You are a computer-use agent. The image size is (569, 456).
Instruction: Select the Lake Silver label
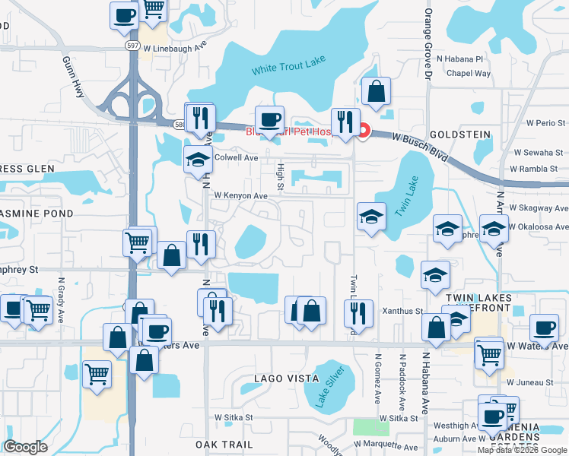point(331,387)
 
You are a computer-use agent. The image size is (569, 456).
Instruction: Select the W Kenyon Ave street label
point(240,195)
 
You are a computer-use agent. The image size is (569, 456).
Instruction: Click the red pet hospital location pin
point(363,131)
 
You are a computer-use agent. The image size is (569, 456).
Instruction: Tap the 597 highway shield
point(131,46)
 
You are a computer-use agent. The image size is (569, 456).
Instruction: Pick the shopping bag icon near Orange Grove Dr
point(376,92)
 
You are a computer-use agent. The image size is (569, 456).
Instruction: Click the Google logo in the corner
point(25,447)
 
